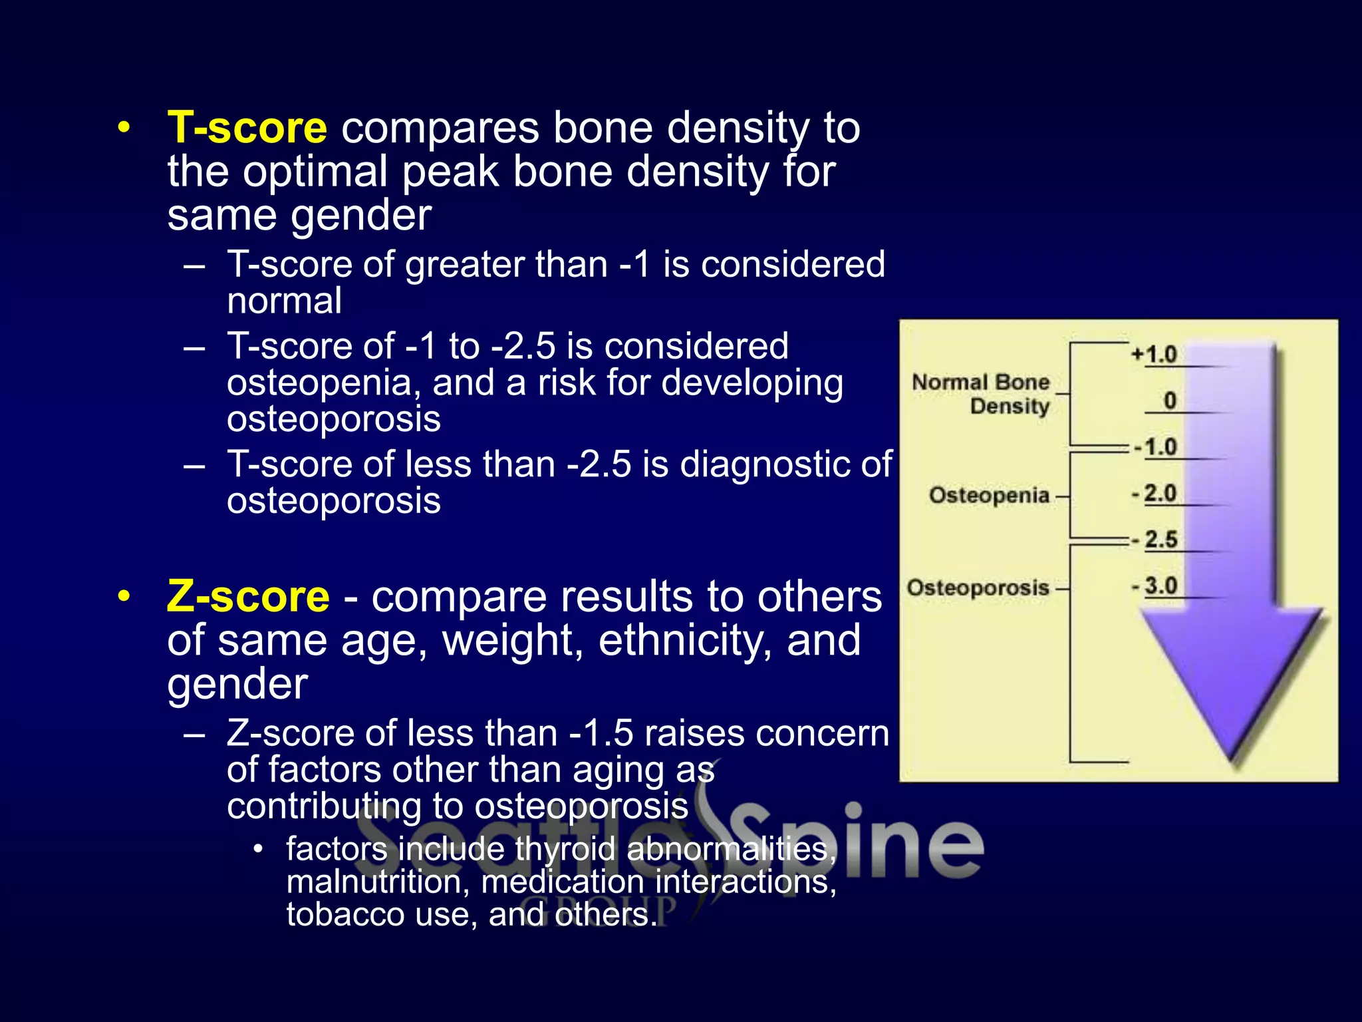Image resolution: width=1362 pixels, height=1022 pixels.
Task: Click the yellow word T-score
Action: (247, 128)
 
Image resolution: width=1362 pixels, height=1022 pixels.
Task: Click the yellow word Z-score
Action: (247, 596)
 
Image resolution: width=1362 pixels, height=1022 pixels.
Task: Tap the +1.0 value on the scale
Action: (1155, 355)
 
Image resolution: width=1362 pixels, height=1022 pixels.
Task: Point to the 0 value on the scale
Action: (1170, 401)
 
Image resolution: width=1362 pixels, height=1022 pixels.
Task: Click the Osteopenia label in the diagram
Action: (989, 496)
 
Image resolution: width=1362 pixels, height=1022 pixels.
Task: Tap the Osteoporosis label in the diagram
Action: (978, 588)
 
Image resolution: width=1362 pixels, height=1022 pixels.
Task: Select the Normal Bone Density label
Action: (982, 394)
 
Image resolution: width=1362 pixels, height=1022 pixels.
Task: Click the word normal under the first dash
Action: (284, 301)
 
